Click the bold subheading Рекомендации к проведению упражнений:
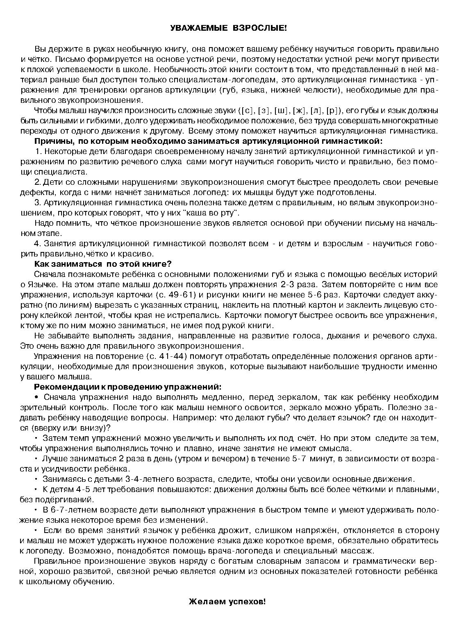pos(128,387)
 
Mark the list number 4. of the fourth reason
pos(38,243)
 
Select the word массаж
pos(359,551)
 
